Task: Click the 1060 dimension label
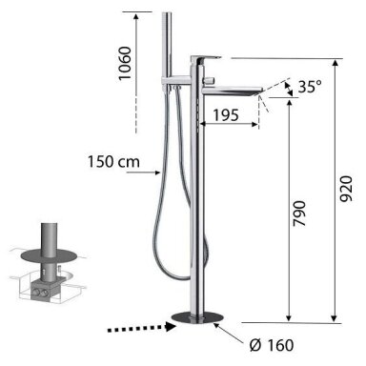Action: [125, 63]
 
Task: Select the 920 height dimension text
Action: [346, 189]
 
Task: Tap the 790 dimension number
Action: [299, 213]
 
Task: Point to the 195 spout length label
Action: [226, 115]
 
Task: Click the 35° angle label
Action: [310, 87]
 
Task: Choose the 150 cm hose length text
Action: [113, 162]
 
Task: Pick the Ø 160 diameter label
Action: [272, 345]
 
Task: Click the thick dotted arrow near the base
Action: [142, 328]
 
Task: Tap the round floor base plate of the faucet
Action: [197, 317]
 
